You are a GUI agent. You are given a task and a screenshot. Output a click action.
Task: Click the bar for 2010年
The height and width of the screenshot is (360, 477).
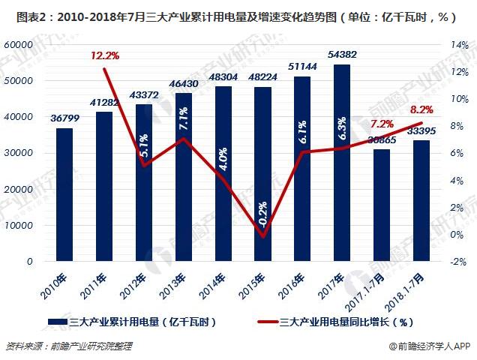click(64, 195)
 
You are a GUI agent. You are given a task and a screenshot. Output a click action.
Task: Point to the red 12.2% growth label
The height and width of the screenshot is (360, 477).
click(105, 55)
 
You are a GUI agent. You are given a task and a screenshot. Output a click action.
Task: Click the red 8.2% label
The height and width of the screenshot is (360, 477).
click(421, 109)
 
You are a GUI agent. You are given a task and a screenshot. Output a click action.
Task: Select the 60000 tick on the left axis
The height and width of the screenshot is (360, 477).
click(20, 45)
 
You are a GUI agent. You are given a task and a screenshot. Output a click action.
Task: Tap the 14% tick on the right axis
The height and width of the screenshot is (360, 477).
click(458, 45)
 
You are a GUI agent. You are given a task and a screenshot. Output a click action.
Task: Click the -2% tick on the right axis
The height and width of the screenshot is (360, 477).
click(458, 262)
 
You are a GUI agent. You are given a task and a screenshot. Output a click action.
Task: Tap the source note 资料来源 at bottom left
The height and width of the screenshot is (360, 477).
click(67, 346)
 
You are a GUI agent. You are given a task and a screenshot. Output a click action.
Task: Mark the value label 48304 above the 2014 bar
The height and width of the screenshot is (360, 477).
click(223, 77)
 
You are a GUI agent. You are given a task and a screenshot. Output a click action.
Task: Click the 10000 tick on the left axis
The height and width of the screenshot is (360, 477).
click(20, 226)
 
